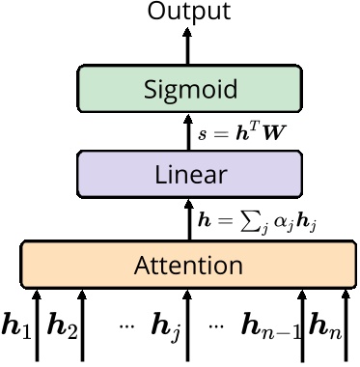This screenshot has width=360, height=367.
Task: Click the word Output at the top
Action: [189, 12]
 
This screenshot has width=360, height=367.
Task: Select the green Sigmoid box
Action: [189, 91]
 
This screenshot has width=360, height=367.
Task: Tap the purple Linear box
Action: [189, 175]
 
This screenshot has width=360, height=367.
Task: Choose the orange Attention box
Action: [189, 263]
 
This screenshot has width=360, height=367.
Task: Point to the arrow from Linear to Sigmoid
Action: [189, 132]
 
